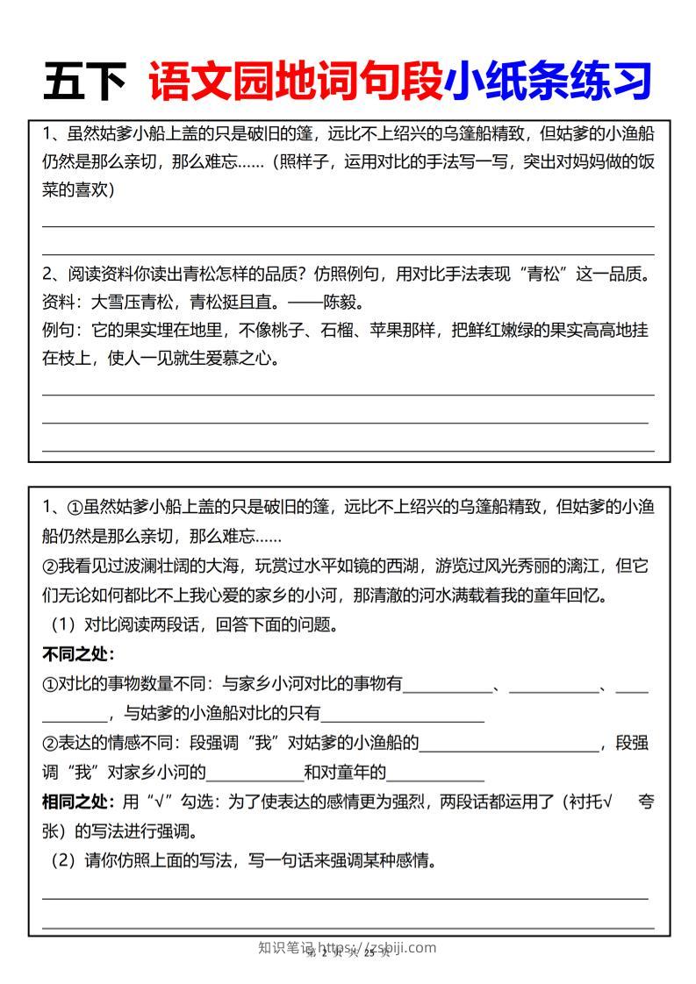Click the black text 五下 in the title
[85, 82]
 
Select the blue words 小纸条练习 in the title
[548, 82]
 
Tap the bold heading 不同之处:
[79, 654]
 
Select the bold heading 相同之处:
[79, 802]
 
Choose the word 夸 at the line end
[646, 802]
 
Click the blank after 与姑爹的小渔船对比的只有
[403, 714]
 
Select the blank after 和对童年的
[435, 773]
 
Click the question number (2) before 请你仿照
[63, 860]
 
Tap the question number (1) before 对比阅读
[63, 625]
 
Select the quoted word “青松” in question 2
[541, 275]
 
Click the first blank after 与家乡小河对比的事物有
[448, 684]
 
